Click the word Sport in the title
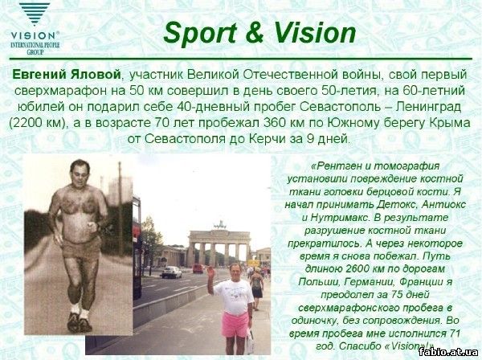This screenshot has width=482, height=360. pyautogui.click(x=200, y=33)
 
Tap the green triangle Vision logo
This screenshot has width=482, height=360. pyautogui.click(x=35, y=14)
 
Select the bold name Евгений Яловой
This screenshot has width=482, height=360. pyautogui.click(x=66, y=75)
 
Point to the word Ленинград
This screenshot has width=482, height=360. pyautogui.click(x=428, y=107)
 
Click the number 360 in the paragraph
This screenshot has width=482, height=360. pyautogui.click(x=274, y=123)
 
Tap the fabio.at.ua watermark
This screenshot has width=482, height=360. pyautogui.click(x=448, y=352)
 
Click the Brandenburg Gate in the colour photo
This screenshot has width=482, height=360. pyautogui.click(x=219, y=243)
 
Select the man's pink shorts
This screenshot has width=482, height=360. pyautogui.click(x=235, y=325)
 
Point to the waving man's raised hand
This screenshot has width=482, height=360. pyautogui.click(x=210, y=272)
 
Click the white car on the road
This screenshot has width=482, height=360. pyautogui.click(x=172, y=272)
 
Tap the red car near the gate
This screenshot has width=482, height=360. pyautogui.click(x=198, y=268)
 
